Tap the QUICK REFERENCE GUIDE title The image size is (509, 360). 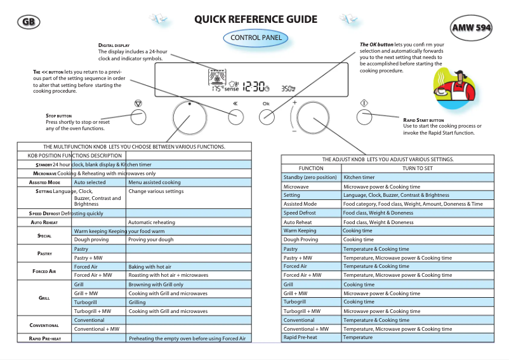256,19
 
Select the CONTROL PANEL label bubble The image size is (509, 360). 255,38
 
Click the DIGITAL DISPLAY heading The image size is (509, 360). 114,46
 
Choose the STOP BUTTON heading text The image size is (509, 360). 59,116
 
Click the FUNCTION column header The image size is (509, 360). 311,168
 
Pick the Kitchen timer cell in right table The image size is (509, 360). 359,177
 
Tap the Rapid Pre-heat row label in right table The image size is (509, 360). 300,337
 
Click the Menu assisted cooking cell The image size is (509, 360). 154,182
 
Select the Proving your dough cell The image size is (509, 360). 150,239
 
